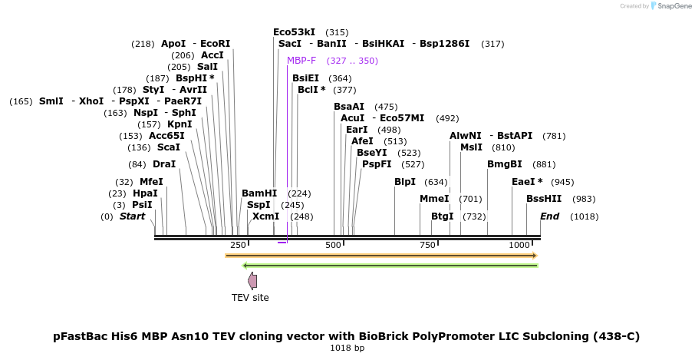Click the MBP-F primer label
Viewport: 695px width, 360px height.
coord(301,61)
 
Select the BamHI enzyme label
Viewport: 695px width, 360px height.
coord(259,193)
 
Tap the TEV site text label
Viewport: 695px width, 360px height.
coord(250,298)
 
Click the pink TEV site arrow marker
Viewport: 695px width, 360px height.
coord(252,281)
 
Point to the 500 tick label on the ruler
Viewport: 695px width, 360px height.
coord(333,245)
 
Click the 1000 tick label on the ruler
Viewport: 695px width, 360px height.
coord(519,245)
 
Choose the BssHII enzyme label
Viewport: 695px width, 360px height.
coord(544,199)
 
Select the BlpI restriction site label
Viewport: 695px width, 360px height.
coord(405,182)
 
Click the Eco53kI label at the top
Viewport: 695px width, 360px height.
coord(295,32)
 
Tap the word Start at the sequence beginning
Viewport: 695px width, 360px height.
coord(132,216)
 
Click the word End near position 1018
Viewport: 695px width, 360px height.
coord(549,216)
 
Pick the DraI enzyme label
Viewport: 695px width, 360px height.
coord(164,164)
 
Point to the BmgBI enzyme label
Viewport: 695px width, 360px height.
coord(505,164)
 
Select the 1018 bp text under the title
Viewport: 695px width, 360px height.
coord(347,348)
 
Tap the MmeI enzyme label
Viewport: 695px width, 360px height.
coord(434,199)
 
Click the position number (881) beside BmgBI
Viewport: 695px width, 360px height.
coord(544,164)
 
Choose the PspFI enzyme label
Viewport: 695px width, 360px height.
coord(377,164)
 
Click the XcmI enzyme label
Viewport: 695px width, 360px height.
coord(266,216)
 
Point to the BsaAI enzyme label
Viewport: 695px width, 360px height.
coord(349,107)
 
